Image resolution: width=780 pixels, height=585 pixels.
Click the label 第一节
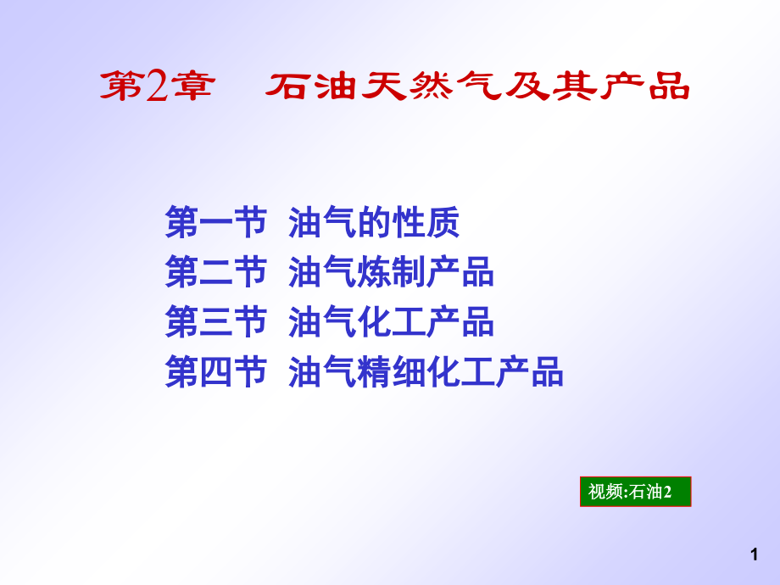click(215, 224)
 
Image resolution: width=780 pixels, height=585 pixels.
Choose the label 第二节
click(215, 273)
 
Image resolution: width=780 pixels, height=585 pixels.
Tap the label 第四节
click(215, 372)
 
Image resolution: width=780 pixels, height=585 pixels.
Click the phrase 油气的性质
click(374, 224)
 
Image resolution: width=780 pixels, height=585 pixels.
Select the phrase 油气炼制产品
click(391, 273)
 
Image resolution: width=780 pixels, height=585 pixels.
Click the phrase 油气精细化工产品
click(426, 372)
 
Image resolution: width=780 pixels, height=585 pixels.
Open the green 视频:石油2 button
click(635, 492)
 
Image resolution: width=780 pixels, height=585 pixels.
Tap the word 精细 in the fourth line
click(391, 372)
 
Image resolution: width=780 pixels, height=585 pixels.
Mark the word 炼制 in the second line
click(391, 273)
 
